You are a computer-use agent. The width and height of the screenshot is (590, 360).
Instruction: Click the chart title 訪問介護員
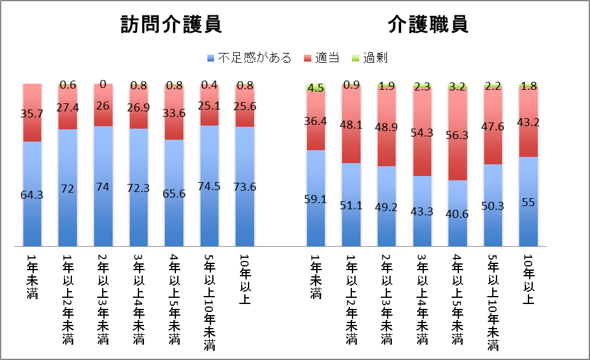(x=171, y=25)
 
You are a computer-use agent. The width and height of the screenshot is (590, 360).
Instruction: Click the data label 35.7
(x=32, y=113)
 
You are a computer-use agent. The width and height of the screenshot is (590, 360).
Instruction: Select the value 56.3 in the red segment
(x=457, y=137)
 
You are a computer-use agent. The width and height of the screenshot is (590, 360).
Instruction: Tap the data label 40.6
(x=457, y=215)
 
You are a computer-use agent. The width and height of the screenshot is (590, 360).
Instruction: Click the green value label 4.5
(x=316, y=87)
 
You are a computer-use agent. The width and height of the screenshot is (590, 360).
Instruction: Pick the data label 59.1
(x=316, y=199)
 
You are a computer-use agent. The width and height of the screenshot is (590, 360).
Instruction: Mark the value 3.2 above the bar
(x=457, y=86)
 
